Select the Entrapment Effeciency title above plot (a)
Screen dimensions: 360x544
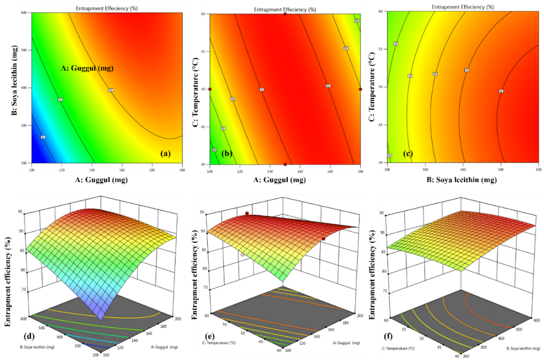pos(104,8)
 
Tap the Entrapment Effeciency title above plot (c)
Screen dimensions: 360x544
pos(463,7)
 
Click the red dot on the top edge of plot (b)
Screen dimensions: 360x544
pos(285,14)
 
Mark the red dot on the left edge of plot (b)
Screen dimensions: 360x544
pos(210,89)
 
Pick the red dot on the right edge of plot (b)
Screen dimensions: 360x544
pos(360,89)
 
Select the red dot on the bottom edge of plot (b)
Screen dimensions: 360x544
pos(285,164)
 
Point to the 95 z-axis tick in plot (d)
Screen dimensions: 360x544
pos(24,213)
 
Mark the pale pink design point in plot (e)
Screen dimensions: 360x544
pos(243,254)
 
